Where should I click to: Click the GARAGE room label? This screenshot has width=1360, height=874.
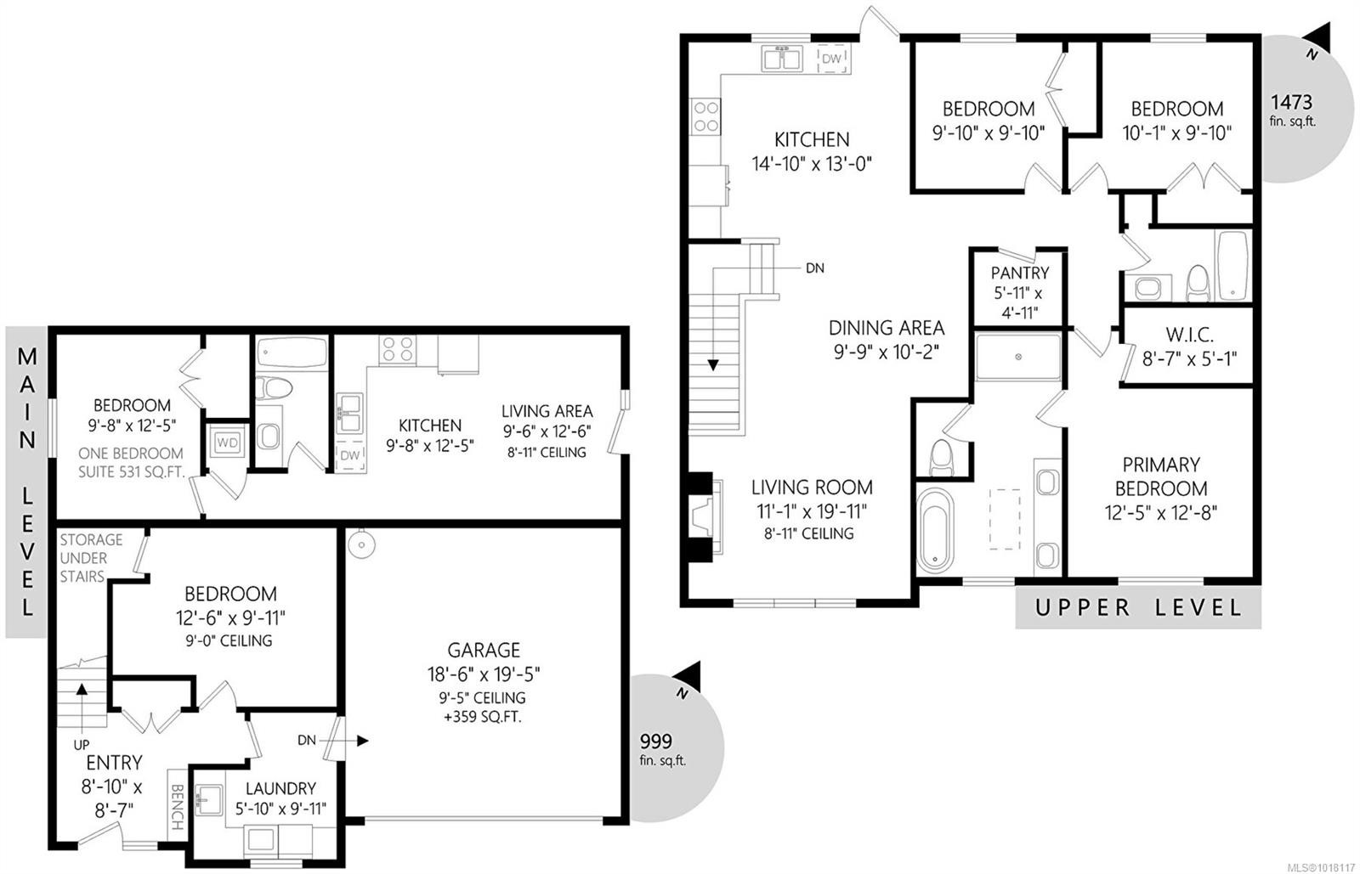pyautogui.click(x=484, y=651)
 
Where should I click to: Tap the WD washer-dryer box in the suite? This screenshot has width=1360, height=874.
pyautogui.click(x=226, y=443)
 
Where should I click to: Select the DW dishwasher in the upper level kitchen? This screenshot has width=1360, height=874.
pyautogui.click(x=831, y=59)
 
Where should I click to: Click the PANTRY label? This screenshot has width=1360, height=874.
pyautogui.click(x=1019, y=273)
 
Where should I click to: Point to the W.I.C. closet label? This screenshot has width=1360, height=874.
pyautogui.click(x=1188, y=336)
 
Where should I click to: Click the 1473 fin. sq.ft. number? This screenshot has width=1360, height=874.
pyautogui.click(x=1291, y=103)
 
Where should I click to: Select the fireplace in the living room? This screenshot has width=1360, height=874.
pyautogui.click(x=704, y=518)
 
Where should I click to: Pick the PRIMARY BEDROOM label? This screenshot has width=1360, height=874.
pyautogui.click(x=1160, y=476)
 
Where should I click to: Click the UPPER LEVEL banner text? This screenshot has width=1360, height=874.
pyautogui.click(x=1138, y=608)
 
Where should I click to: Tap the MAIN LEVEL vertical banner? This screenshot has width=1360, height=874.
pyautogui.click(x=27, y=482)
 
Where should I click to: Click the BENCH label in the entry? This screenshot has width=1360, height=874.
pyautogui.click(x=177, y=807)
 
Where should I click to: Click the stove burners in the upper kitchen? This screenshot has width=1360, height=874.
pyautogui.click(x=706, y=116)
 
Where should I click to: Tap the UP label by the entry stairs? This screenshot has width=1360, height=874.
pyautogui.click(x=82, y=744)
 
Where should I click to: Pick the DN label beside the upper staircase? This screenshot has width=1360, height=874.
pyautogui.click(x=814, y=268)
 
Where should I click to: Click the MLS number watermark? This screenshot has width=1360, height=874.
pyautogui.click(x=1321, y=867)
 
